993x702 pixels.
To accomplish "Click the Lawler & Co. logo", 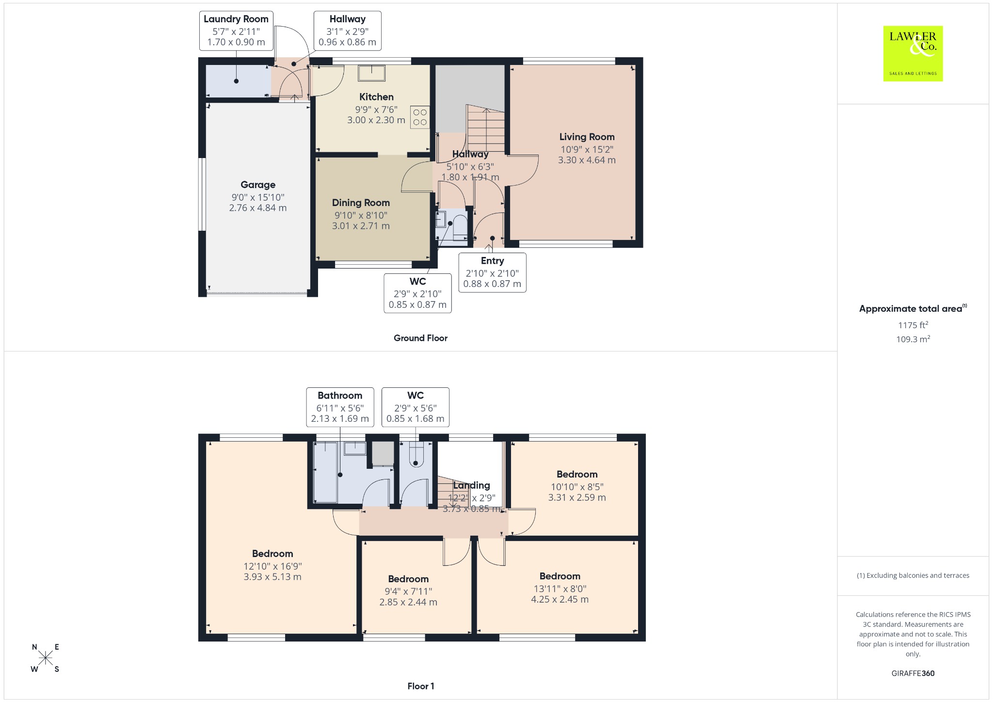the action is click(913, 53).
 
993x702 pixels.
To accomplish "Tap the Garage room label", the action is click(258, 185).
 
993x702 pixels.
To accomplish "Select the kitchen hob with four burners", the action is click(420, 117).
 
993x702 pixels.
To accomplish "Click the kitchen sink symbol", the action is click(372, 73).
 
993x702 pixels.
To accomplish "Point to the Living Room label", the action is click(587, 137).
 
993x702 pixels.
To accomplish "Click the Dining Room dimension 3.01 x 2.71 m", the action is click(361, 226).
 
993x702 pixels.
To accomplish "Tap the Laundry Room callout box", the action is click(236, 31).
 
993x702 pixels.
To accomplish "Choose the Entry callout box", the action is click(492, 272).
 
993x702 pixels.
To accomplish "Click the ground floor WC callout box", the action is click(417, 293).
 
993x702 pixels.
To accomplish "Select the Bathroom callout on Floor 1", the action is click(340, 407).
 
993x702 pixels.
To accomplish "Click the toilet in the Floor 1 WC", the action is click(416, 454).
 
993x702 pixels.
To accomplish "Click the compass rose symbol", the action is click(46, 658).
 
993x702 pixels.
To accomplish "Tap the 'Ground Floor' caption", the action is click(420, 338).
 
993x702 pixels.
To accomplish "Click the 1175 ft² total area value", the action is click(913, 325).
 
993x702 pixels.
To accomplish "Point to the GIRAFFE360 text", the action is click(913, 673).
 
